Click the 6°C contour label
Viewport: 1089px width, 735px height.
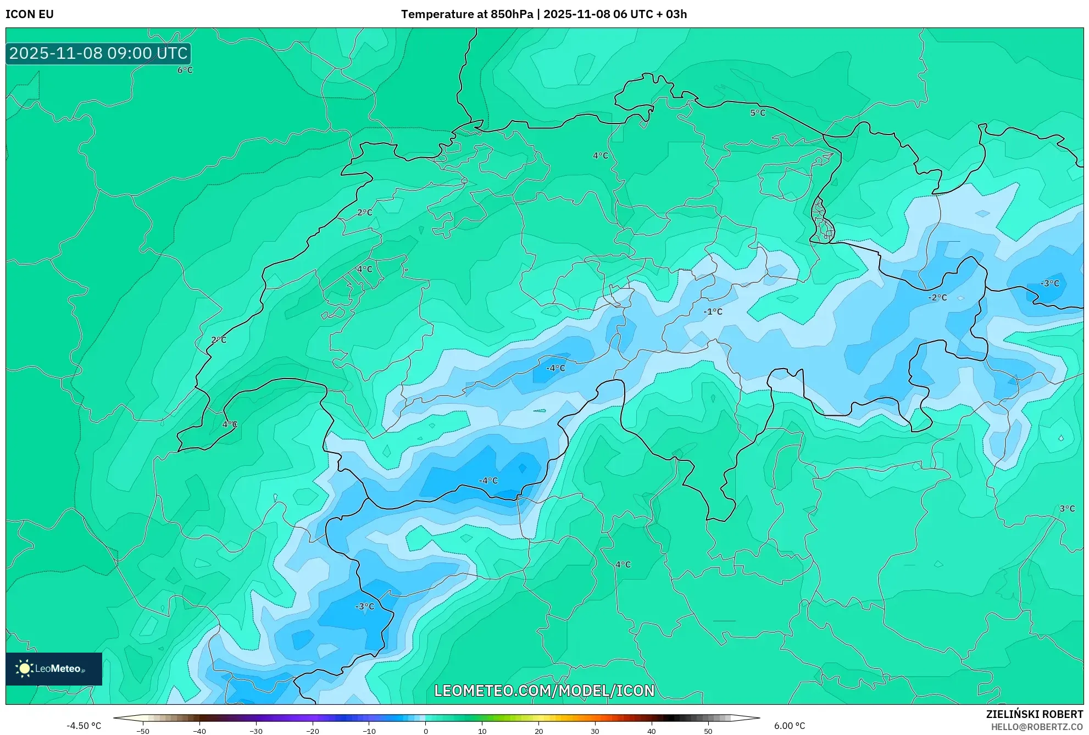coord(185,70)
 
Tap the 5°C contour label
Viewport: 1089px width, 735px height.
coord(758,113)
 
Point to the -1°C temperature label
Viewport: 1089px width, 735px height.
coord(713,311)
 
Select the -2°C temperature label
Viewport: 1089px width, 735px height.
coord(937,297)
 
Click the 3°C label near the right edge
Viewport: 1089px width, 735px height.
coord(1067,509)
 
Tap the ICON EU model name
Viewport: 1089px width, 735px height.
coord(30,14)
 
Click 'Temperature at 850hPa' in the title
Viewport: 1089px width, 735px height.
coord(466,14)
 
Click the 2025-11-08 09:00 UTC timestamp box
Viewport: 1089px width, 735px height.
coord(98,53)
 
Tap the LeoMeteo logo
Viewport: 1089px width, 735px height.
coord(53,669)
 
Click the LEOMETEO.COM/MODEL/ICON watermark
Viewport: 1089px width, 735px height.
coord(544,691)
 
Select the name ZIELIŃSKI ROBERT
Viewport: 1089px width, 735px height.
coord(1034,714)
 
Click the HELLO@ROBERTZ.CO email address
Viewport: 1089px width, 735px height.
coord(1037,727)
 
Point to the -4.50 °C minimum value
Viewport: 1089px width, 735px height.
coord(84,726)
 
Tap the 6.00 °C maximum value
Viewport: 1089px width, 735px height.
coord(790,726)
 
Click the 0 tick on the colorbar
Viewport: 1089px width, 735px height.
coord(426,731)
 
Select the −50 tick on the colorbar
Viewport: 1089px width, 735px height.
coord(143,731)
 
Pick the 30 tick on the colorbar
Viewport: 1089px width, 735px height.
coord(595,731)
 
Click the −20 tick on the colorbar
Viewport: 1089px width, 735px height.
coord(312,731)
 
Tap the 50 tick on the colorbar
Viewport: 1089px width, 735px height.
coord(708,731)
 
